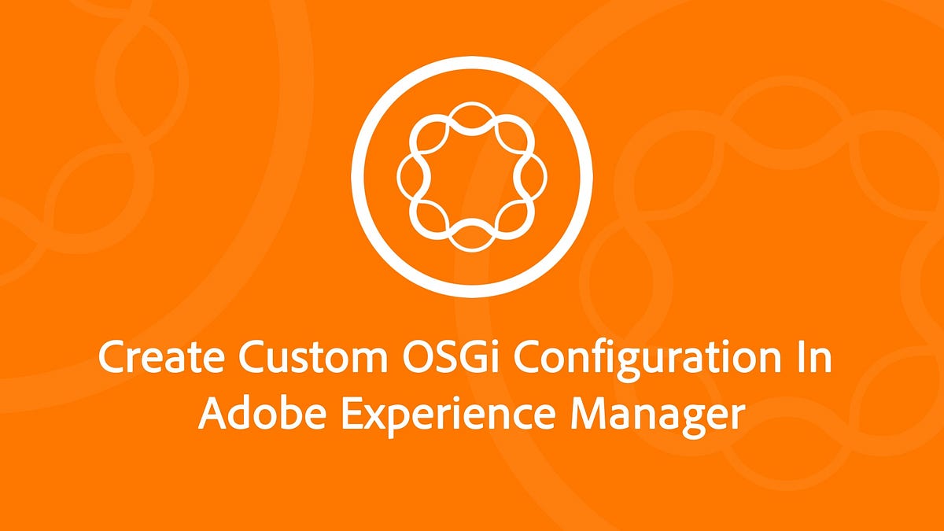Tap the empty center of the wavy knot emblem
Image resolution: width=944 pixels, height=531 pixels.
point(471,174)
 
